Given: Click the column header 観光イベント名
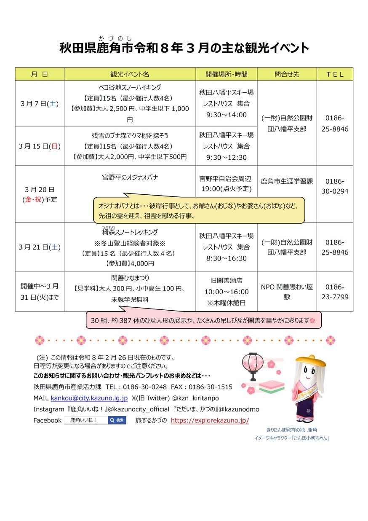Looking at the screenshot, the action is pyautogui.click(x=130, y=74).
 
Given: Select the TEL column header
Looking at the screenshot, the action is pyautogui.click(x=335, y=74).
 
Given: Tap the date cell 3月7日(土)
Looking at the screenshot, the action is pyautogui.click(x=40, y=103).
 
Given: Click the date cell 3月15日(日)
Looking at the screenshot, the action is pyautogui.click(x=40, y=146).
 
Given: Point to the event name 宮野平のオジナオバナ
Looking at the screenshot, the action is pyautogui.click(x=130, y=177).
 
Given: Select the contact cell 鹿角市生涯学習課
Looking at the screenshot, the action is pyautogui.click(x=287, y=181).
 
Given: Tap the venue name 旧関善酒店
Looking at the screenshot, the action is pyautogui.click(x=226, y=281).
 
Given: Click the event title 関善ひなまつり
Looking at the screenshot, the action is pyautogui.click(x=130, y=278).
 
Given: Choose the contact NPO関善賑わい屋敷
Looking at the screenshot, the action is pyautogui.click(x=287, y=292).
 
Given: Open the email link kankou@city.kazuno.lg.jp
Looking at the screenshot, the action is pyautogui.click(x=89, y=398).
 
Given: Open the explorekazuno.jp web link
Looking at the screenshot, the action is pyautogui.click(x=210, y=420).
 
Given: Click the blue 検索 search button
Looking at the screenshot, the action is pyautogui.click(x=117, y=420).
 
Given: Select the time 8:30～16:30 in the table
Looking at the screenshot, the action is pyautogui.click(x=226, y=258).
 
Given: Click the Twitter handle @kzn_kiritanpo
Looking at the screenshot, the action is pyautogui.click(x=195, y=398).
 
